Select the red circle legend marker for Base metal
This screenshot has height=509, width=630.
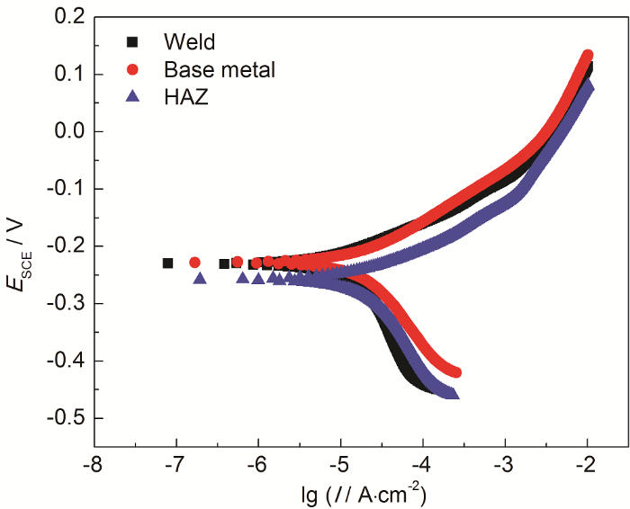(133, 69)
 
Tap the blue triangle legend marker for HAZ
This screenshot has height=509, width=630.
(133, 97)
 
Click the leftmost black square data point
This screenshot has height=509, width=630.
(167, 263)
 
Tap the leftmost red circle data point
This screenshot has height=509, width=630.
(194, 263)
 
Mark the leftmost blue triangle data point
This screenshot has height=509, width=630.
(200, 278)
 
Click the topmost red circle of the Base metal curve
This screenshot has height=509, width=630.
(588, 56)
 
